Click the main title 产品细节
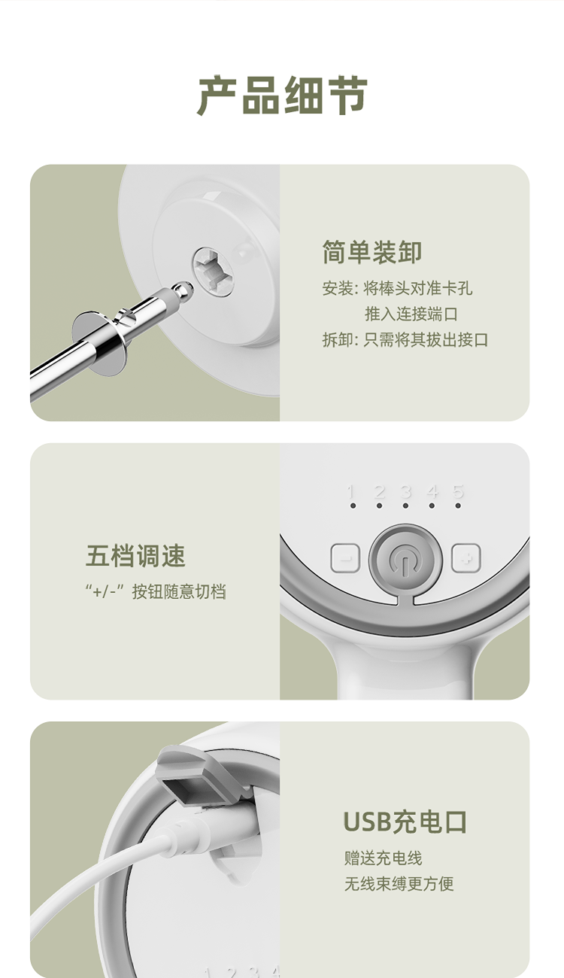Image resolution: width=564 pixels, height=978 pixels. point(282,96)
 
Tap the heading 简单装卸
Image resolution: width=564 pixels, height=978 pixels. point(372,252)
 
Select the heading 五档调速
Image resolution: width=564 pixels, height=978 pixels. point(135,556)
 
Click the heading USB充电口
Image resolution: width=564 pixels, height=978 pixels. point(405,822)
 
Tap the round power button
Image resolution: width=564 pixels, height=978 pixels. point(405,558)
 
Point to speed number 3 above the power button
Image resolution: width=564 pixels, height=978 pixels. point(406,491)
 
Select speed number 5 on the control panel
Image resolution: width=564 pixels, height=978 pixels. point(458,491)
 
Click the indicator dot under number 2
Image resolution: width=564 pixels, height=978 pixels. point(379,506)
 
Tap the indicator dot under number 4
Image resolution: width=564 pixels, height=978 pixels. point(432,506)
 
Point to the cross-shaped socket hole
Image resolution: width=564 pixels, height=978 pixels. point(213,272)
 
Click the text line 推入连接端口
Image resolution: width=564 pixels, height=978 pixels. point(411,314)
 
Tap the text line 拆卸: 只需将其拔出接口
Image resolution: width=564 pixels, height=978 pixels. point(405,340)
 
